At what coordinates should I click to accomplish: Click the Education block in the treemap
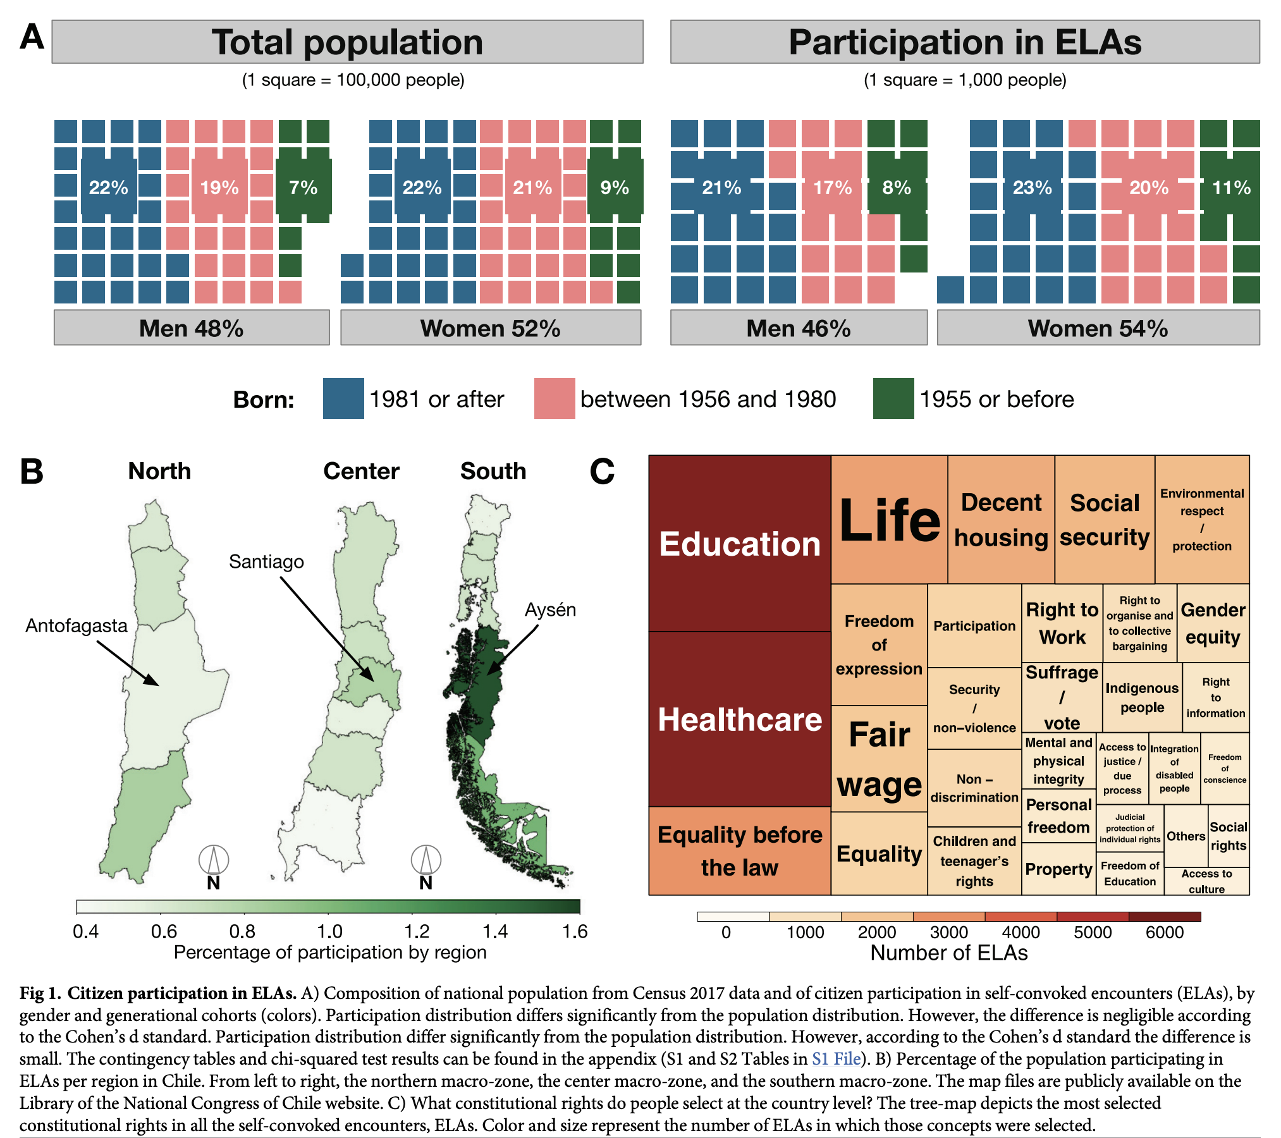tap(739, 544)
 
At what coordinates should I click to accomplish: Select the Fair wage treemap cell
tap(879, 759)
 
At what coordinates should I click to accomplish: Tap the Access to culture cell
tap(1206, 881)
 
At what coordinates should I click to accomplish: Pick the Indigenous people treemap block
tap(1142, 697)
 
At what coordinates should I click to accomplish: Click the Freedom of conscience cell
tap(1225, 768)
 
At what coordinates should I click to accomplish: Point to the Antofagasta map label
tap(77, 625)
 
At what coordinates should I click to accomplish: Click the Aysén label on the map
tap(550, 609)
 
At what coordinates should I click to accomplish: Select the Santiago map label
tap(266, 561)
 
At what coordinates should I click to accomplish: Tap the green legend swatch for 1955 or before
tap(893, 398)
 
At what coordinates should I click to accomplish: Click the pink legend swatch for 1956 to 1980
tap(554, 398)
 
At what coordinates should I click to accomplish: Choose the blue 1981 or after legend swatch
tap(343, 398)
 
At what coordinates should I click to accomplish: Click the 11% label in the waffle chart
tap(1231, 188)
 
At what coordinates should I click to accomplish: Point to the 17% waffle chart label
tap(832, 188)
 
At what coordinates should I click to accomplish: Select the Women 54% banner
tap(1098, 328)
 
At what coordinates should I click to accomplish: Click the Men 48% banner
tap(191, 328)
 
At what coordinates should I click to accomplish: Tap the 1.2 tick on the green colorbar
tap(417, 931)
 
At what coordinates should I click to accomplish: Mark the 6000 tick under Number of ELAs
tap(1165, 933)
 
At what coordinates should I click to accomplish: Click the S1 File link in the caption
tap(836, 1059)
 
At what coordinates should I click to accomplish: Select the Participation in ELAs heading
tap(965, 42)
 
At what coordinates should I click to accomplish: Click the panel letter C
tap(602, 472)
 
